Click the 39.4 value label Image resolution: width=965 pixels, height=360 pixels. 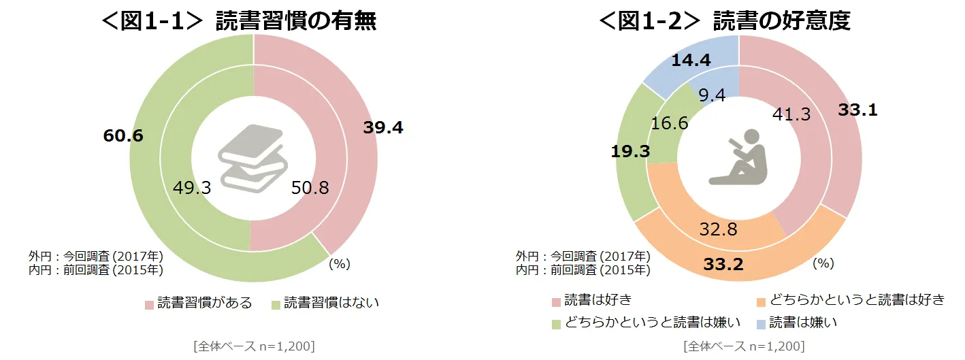tap(384, 128)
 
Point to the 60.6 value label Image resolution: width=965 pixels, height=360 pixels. tap(123, 135)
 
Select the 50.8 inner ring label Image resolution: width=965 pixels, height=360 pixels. tap(310, 188)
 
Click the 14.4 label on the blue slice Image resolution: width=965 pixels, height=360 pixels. tap(691, 61)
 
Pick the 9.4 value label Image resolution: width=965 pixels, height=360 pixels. tap(712, 95)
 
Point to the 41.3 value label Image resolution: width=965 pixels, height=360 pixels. tap(791, 115)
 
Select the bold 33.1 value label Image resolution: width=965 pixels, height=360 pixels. tap(857, 110)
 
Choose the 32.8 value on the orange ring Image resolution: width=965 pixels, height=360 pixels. tap(718, 229)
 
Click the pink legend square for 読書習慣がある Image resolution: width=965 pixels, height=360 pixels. tap(149, 304)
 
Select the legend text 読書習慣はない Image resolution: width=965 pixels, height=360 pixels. tap(331, 304)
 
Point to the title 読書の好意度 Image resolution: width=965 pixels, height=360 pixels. tap(782, 21)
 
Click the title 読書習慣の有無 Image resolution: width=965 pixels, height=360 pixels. tap(296, 21)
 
